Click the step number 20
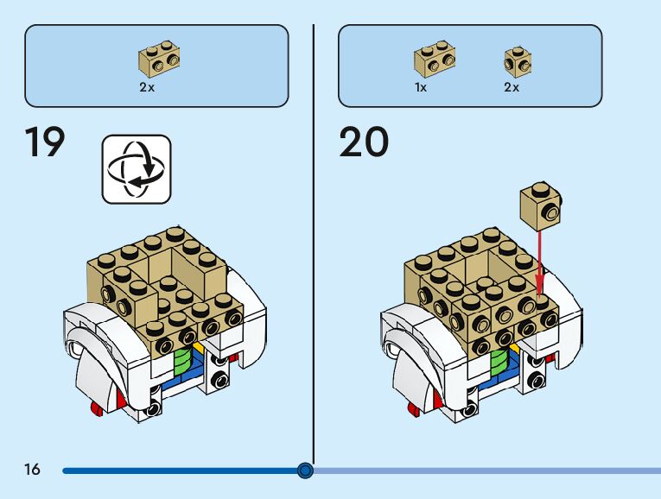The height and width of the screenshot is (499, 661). point(364,143)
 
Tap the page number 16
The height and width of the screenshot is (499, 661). point(32,470)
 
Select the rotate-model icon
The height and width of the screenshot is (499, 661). point(137,168)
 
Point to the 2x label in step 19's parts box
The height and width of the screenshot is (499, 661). point(148,87)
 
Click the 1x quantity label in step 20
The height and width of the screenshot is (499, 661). point(421,87)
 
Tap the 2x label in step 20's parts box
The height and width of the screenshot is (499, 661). point(512,87)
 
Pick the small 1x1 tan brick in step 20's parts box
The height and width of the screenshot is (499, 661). point(517,61)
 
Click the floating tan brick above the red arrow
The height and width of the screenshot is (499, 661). point(540,205)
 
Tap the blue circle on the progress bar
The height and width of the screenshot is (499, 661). point(304,471)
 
